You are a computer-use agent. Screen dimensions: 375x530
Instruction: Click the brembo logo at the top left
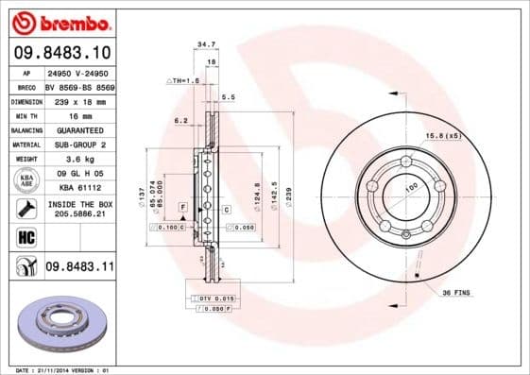[58, 21]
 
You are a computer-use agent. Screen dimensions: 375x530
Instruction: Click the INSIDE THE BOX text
[79, 202]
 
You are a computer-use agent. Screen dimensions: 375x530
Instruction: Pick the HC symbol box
[25, 236]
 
